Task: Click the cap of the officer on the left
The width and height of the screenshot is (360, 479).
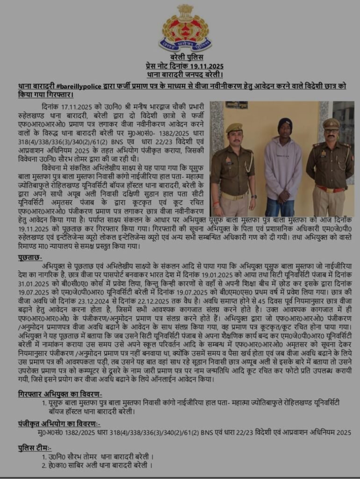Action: (x=234, y=128)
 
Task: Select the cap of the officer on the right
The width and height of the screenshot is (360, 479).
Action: (x=331, y=123)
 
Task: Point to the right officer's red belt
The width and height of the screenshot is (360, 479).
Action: (x=330, y=189)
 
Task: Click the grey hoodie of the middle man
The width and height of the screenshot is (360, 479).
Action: (x=283, y=168)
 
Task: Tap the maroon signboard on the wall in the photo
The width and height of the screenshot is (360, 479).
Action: (x=237, y=105)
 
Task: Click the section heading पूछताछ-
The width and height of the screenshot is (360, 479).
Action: (x=30, y=258)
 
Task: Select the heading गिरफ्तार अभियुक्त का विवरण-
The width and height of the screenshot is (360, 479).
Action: (x=60, y=394)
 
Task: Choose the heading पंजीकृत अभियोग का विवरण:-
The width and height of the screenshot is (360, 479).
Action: (x=59, y=424)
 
